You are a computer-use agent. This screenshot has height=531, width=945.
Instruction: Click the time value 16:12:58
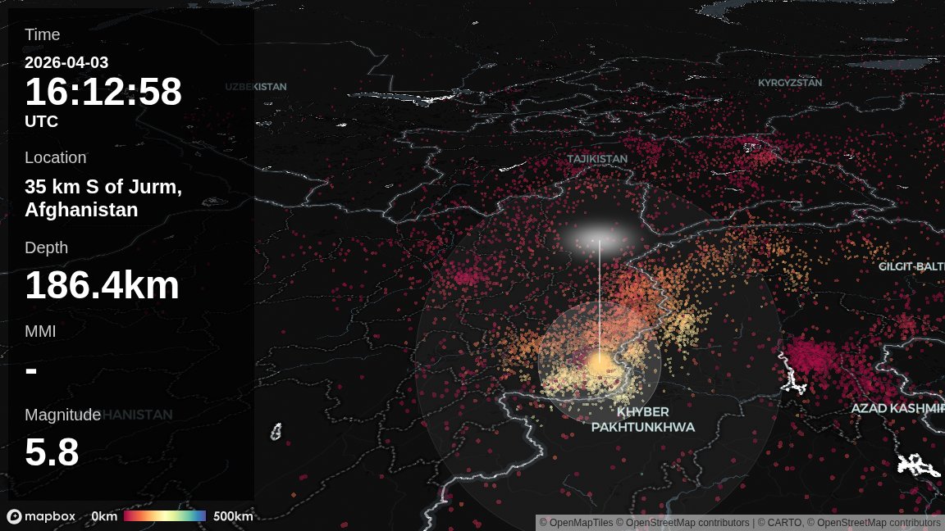click(x=103, y=92)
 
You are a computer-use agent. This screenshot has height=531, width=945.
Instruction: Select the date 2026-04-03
click(x=66, y=62)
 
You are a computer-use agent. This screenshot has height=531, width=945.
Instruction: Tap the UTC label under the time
click(x=41, y=121)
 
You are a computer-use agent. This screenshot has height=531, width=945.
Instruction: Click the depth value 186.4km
click(x=102, y=286)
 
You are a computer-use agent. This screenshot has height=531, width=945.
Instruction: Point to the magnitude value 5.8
click(x=52, y=452)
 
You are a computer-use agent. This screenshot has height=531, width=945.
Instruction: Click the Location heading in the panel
click(x=55, y=157)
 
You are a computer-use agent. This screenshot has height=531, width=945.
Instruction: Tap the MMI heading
click(x=40, y=331)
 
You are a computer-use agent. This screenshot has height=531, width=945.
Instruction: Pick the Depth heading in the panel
click(x=46, y=247)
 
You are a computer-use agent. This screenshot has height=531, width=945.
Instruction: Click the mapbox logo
click(x=41, y=516)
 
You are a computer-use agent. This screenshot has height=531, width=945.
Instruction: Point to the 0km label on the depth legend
click(x=104, y=516)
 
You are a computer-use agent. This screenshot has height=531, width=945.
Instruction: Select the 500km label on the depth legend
click(x=233, y=516)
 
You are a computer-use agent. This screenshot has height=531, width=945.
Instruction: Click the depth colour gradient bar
click(x=165, y=516)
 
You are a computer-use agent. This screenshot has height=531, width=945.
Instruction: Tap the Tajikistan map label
click(x=597, y=159)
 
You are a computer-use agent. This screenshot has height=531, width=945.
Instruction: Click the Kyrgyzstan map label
click(x=789, y=83)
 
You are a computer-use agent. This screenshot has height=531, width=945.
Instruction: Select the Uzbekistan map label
click(x=256, y=87)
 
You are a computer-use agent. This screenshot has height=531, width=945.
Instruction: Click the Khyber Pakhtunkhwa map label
click(x=643, y=420)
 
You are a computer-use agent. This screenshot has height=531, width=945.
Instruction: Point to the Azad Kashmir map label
click(x=897, y=408)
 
